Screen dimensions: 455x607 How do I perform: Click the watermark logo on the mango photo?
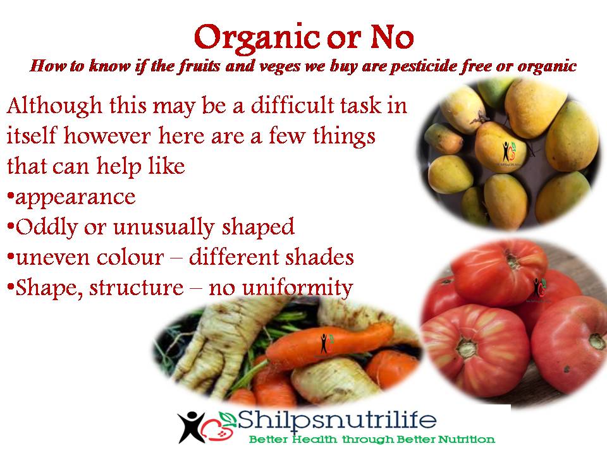point(508,151)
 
